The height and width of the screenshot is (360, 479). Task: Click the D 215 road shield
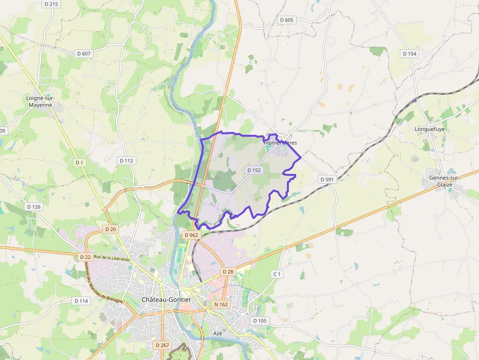pos(51,4)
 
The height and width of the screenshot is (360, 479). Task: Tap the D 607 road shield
pos(84,53)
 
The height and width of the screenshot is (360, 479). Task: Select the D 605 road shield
pos(287,20)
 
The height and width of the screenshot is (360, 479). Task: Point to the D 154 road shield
pos(409,53)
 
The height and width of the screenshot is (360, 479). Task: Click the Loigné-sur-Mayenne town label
pos(40,101)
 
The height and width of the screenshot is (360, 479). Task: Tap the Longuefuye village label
pos(428,129)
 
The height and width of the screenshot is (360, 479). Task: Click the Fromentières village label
pos(280,143)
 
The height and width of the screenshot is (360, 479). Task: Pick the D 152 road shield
pos(254,170)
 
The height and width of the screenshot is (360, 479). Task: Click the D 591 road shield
pos(327,179)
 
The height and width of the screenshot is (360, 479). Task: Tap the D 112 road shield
pos(127,160)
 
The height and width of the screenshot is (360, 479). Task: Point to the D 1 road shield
pos(80,162)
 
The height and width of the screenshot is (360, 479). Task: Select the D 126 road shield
pos(34,207)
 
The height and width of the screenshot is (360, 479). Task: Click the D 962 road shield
pos(191,235)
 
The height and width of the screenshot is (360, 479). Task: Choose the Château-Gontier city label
pos(166,299)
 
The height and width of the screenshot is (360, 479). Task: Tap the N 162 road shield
pos(221,304)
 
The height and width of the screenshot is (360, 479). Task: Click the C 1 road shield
pos(277,274)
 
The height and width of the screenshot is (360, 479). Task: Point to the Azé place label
pos(218,333)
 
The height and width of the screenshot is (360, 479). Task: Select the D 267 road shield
pos(162,345)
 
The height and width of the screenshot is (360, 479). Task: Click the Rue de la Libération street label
pos(111,258)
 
